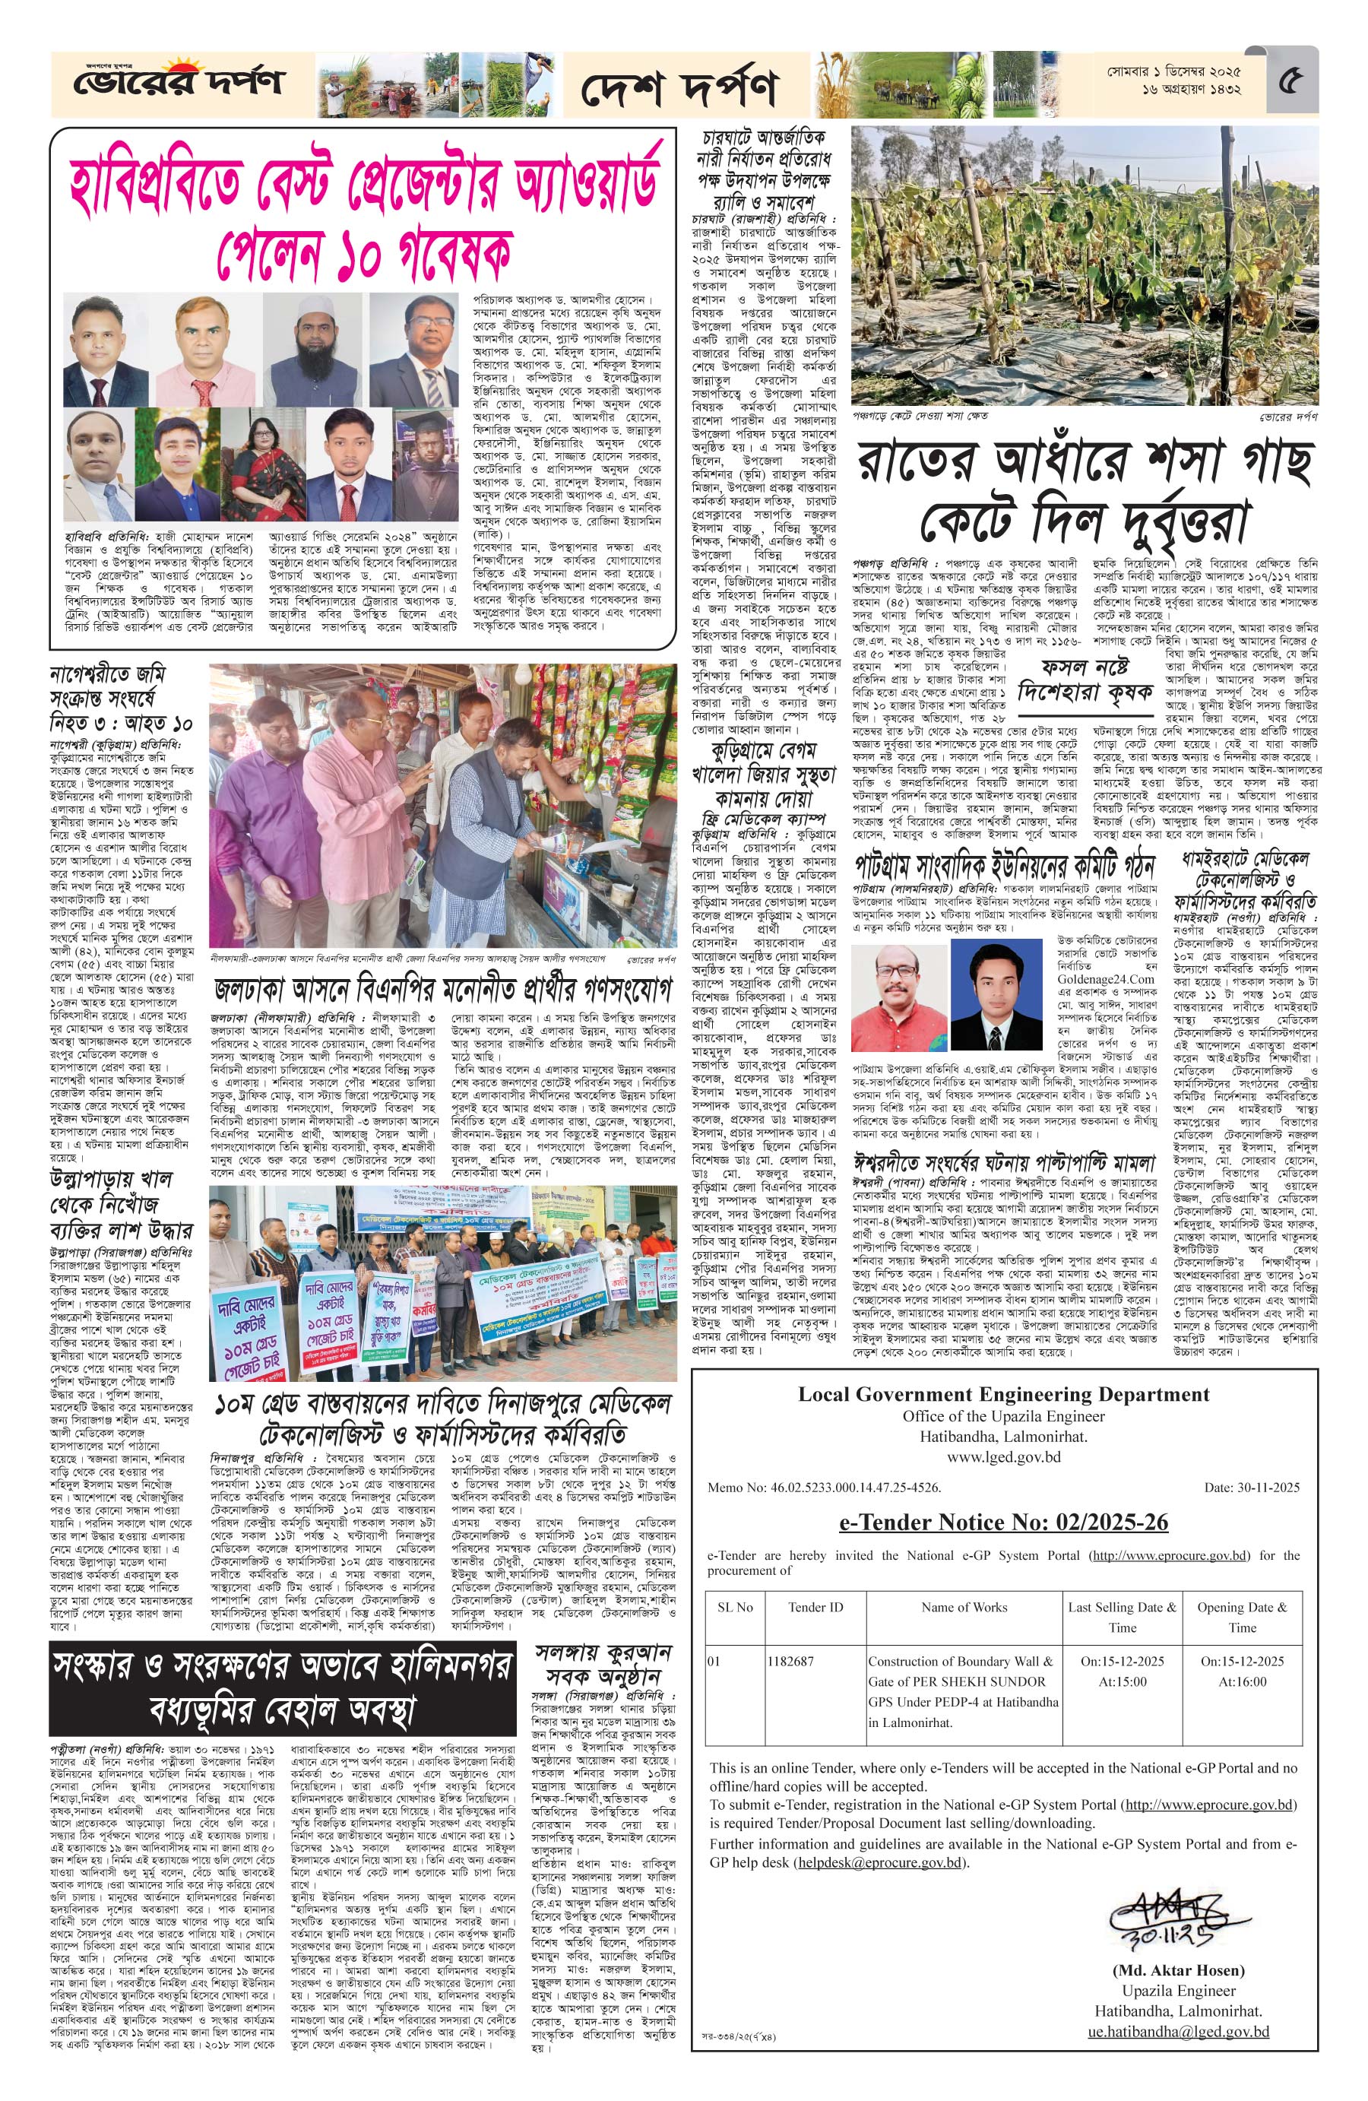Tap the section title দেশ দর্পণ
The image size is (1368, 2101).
point(679,87)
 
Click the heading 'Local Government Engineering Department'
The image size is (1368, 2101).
point(1003,1395)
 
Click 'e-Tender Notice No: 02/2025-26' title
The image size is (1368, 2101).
point(1003,1522)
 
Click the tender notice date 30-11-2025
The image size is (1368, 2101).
point(1252,1488)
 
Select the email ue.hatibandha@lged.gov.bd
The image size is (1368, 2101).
point(1178,2074)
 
